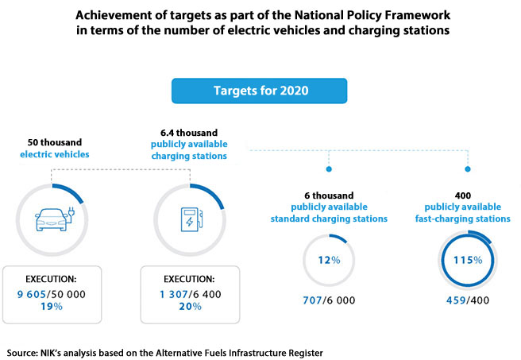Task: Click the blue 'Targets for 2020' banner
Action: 260,90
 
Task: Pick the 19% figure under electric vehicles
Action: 52,308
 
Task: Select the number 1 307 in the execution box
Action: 167,295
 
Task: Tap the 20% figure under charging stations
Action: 190,308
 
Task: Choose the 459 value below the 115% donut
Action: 457,300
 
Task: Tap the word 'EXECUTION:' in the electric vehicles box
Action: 52,280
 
